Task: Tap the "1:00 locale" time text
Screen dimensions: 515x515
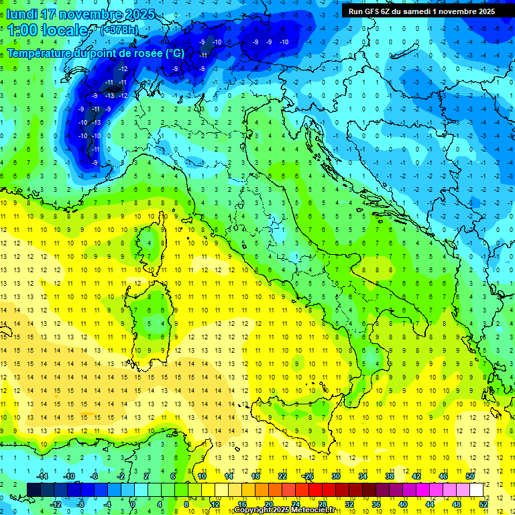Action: click(x=47, y=30)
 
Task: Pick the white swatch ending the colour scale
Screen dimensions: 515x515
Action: click(x=476, y=490)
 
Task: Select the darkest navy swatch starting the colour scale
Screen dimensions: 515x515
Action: click(x=34, y=490)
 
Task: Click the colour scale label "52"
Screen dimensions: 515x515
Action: click(x=483, y=504)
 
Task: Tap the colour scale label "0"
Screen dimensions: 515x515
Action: click(x=133, y=504)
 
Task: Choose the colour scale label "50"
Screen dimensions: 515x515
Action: click(x=469, y=476)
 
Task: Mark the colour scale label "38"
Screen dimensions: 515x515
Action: click(x=389, y=476)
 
